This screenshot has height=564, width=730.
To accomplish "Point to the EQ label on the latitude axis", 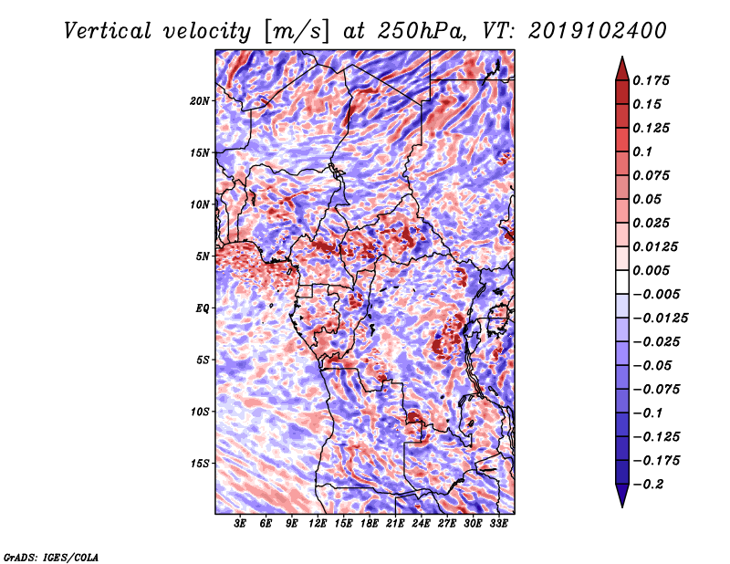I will point(203,308).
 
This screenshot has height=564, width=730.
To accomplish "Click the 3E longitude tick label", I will point(241,525).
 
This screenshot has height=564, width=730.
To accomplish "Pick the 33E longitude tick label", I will point(499,525).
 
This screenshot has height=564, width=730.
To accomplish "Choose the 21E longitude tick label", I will point(395,525).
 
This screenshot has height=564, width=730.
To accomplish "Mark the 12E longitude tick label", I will point(318,525).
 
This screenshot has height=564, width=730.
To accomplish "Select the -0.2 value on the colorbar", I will point(653,485).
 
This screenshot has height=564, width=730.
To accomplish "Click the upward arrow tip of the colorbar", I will point(621,59).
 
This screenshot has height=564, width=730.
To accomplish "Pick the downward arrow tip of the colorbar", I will point(621,504).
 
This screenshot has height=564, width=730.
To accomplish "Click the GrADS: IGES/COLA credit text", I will point(50,556).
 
